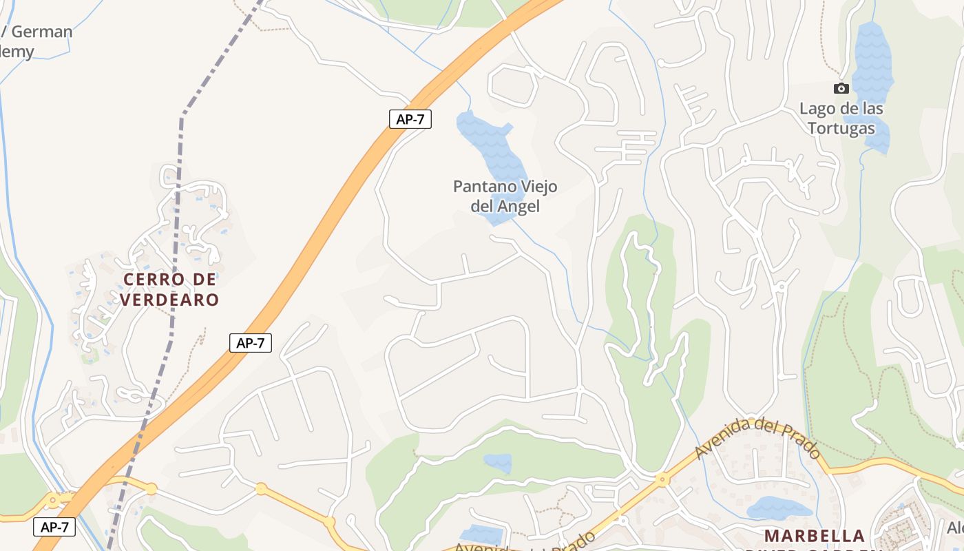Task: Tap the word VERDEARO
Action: click(169, 300)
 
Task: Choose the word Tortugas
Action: click(841, 128)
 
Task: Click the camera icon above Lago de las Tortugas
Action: click(841, 88)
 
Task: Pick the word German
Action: click(42, 32)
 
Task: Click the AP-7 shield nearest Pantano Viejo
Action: click(410, 118)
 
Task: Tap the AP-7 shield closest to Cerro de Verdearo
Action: click(251, 343)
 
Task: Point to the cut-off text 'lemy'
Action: click(17, 52)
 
